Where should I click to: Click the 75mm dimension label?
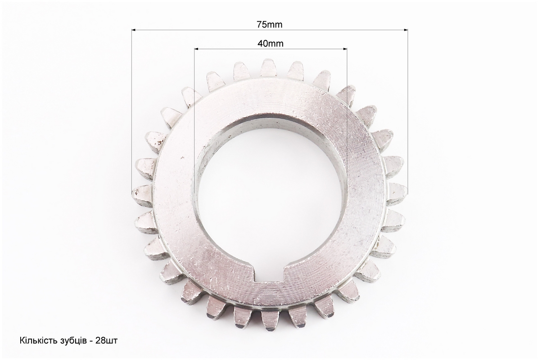click(x=270, y=24)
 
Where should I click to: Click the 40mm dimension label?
click(x=271, y=44)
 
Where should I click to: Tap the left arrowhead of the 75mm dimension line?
click(x=134, y=30)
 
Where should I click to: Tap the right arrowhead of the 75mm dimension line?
click(x=405, y=30)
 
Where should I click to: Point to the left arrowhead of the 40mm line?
click(x=197, y=49)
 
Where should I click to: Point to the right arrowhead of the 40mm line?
click(x=344, y=49)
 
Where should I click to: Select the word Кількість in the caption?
click(x=34, y=341)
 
